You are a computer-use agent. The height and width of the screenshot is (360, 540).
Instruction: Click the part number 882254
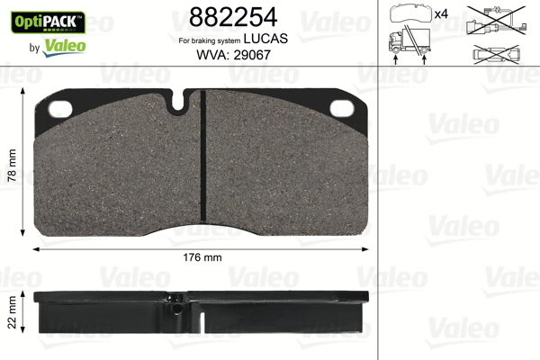pyautogui.click(x=233, y=17)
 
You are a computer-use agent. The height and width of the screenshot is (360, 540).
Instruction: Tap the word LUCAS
pyautogui.click(x=265, y=39)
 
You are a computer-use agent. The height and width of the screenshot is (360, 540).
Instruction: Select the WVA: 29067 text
pyautogui.click(x=233, y=55)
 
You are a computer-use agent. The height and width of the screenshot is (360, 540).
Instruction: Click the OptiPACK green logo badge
pyautogui.click(x=49, y=22)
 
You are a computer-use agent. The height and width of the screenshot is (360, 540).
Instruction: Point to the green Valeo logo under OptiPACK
pyautogui.click(x=64, y=47)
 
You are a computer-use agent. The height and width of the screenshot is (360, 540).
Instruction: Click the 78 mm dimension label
pyautogui.click(x=12, y=165)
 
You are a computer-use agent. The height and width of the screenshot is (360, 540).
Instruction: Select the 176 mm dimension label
pyautogui.click(x=202, y=257)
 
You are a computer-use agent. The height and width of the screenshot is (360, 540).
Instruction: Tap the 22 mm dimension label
pyautogui.click(x=12, y=311)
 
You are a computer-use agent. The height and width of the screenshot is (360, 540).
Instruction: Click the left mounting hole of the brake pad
pyautogui.click(x=60, y=109)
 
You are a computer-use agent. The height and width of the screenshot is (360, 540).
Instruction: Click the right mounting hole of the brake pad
pyautogui.click(x=342, y=109)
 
